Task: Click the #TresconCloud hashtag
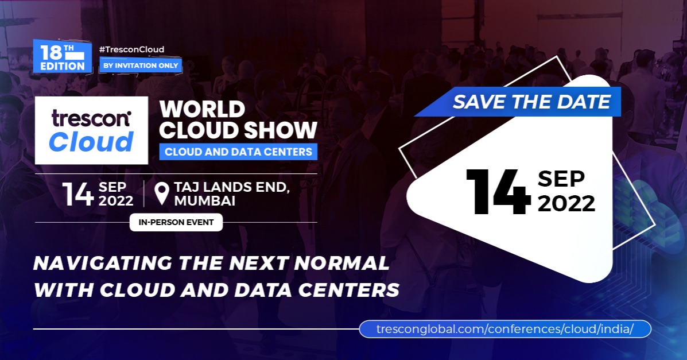pos(131,49)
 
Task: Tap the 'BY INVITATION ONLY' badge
pos(141,65)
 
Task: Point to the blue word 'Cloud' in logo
pos(91,142)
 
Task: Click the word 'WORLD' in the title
pos(202,109)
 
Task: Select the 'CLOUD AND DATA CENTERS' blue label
pos(238,152)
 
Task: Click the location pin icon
pos(162,193)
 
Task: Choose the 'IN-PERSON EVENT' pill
pos(176,222)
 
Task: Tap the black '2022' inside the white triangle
pos(566,203)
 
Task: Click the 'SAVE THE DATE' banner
pos(531,102)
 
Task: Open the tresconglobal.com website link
pos(505,329)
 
